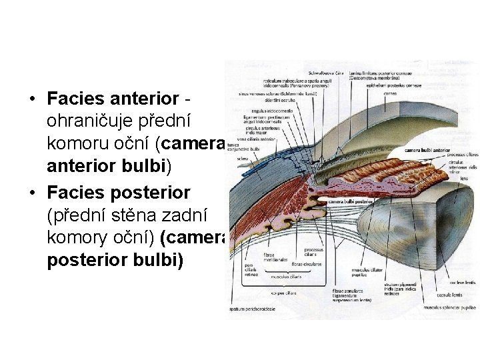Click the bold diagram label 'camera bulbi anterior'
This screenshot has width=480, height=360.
coord(427,151)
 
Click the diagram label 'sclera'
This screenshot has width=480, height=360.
coord(244,159)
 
